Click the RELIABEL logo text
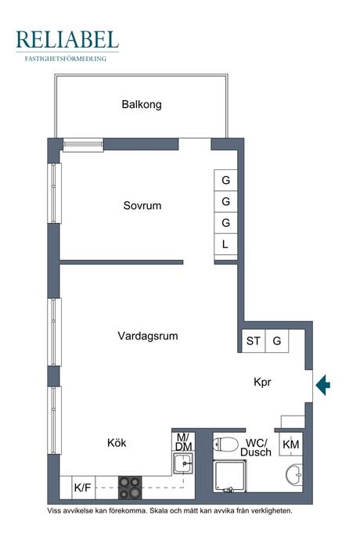(67, 40)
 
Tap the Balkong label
(142, 104)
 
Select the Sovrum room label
(142, 206)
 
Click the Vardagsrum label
(148, 336)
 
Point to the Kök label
(117, 442)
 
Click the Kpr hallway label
(262, 382)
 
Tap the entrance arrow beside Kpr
(322, 385)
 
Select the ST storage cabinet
(254, 341)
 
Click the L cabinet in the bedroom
(225, 244)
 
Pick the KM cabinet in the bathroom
(291, 445)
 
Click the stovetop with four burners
(130, 488)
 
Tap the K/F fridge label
(83, 488)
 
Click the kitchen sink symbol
(183, 463)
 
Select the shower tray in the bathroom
(230, 476)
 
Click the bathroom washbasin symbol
(294, 475)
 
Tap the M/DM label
(183, 442)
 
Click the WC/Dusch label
(256, 448)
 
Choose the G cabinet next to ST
(277, 341)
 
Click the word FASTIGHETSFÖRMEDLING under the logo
(66, 59)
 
